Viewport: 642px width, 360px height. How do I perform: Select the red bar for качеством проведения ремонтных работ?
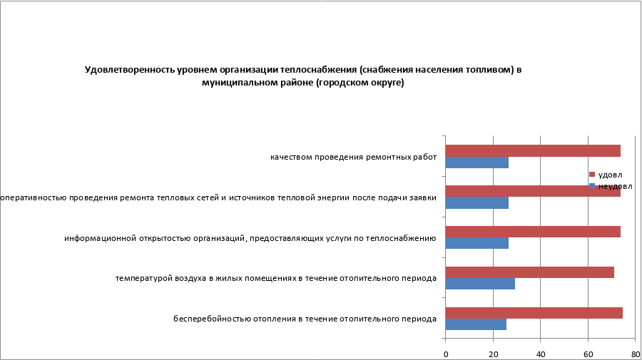tap(533, 150)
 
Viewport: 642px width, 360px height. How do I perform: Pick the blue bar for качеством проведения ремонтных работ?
tap(477, 163)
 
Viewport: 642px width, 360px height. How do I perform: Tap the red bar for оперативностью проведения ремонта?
tap(533, 191)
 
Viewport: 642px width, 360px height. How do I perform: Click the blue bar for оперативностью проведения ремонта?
tap(477, 203)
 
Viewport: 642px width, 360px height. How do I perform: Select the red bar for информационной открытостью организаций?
tap(533, 232)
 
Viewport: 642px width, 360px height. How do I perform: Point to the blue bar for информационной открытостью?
tap(477, 244)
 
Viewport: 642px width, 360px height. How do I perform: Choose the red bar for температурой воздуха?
tap(529, 272)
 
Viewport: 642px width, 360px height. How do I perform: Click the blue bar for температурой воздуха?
tap(480, 284)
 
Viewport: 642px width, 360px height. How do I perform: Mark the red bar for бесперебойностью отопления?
tap(534, 313)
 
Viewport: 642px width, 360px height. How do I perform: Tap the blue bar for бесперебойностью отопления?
tap(476, 325)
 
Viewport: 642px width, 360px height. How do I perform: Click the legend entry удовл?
tap(609, 175)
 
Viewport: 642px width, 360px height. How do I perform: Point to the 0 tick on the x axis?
tap(446, 353)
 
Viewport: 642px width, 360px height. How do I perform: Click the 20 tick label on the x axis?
tap(493, 353)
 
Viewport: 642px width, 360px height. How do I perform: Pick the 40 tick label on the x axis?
tap(541, 353)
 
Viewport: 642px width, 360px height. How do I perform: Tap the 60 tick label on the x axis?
tap(588, 353)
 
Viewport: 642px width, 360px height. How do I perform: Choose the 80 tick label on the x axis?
tap(635, 353)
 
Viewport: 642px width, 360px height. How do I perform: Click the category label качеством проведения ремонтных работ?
tap(353, 157)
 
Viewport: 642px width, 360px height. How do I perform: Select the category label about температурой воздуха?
tap(275, 278)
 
